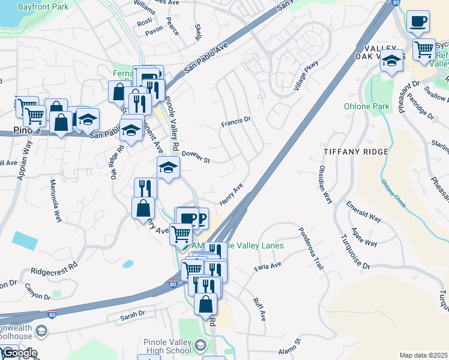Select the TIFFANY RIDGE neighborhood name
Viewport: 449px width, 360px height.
(x=355, y=152)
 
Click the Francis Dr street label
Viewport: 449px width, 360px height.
(x=235, y=122)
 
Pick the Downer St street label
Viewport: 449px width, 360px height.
(x=195, y=157)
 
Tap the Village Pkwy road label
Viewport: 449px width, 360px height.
(x=305, y=76)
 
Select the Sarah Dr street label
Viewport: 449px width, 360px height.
(x=133, y=314)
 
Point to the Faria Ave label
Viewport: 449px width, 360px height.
(x=268, y=266)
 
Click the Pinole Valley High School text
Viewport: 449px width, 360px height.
(x=167, y=346)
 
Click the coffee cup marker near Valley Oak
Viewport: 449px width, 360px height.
(x=417, y=22)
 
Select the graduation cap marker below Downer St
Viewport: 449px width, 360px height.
(x=168, y=167)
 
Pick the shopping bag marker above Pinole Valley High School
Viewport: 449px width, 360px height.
(x=205, y=304)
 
